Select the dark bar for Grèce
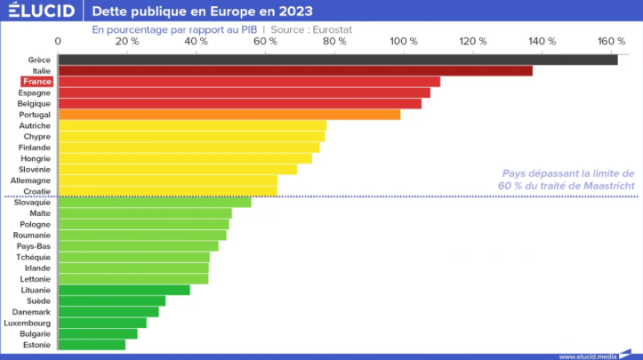click(337, 60)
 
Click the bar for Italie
click(294, 71)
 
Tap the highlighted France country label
click(37, 82)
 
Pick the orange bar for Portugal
click(229, 115)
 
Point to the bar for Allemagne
click(167, 180)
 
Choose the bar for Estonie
click(92, 344)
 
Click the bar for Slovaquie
click(154, 203)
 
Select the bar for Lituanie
click(124, 290)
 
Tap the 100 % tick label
click(404, 42)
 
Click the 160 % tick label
click(611, 42)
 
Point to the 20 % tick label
click(127, 42)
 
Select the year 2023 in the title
click(293, 12)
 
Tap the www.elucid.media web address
click(588, 356)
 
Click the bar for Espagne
click(244, 92)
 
